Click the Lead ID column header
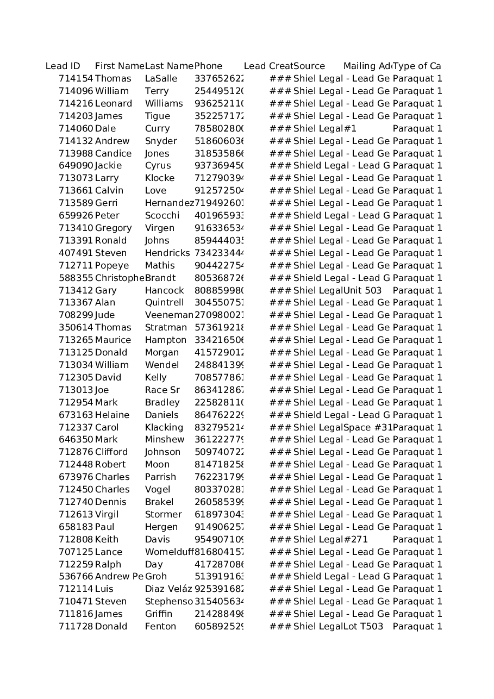(x=63, y=66)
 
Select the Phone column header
(x=209, y=66)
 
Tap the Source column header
(x=309, y=66)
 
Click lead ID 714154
(x=76, y=79)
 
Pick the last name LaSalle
(x=161, y=79)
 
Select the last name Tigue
(x=158, y=116)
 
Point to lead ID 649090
(x=76, y=166)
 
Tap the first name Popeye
(x=112, y=266)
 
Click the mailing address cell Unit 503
(x=362, y=291)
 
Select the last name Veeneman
(x=169, y=315)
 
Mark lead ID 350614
(x=76, y=328)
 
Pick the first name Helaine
(x=112, y=415)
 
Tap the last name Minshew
(x=165, y=440)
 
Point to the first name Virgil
(x=107, y=515)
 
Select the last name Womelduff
(x=169, y=552)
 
